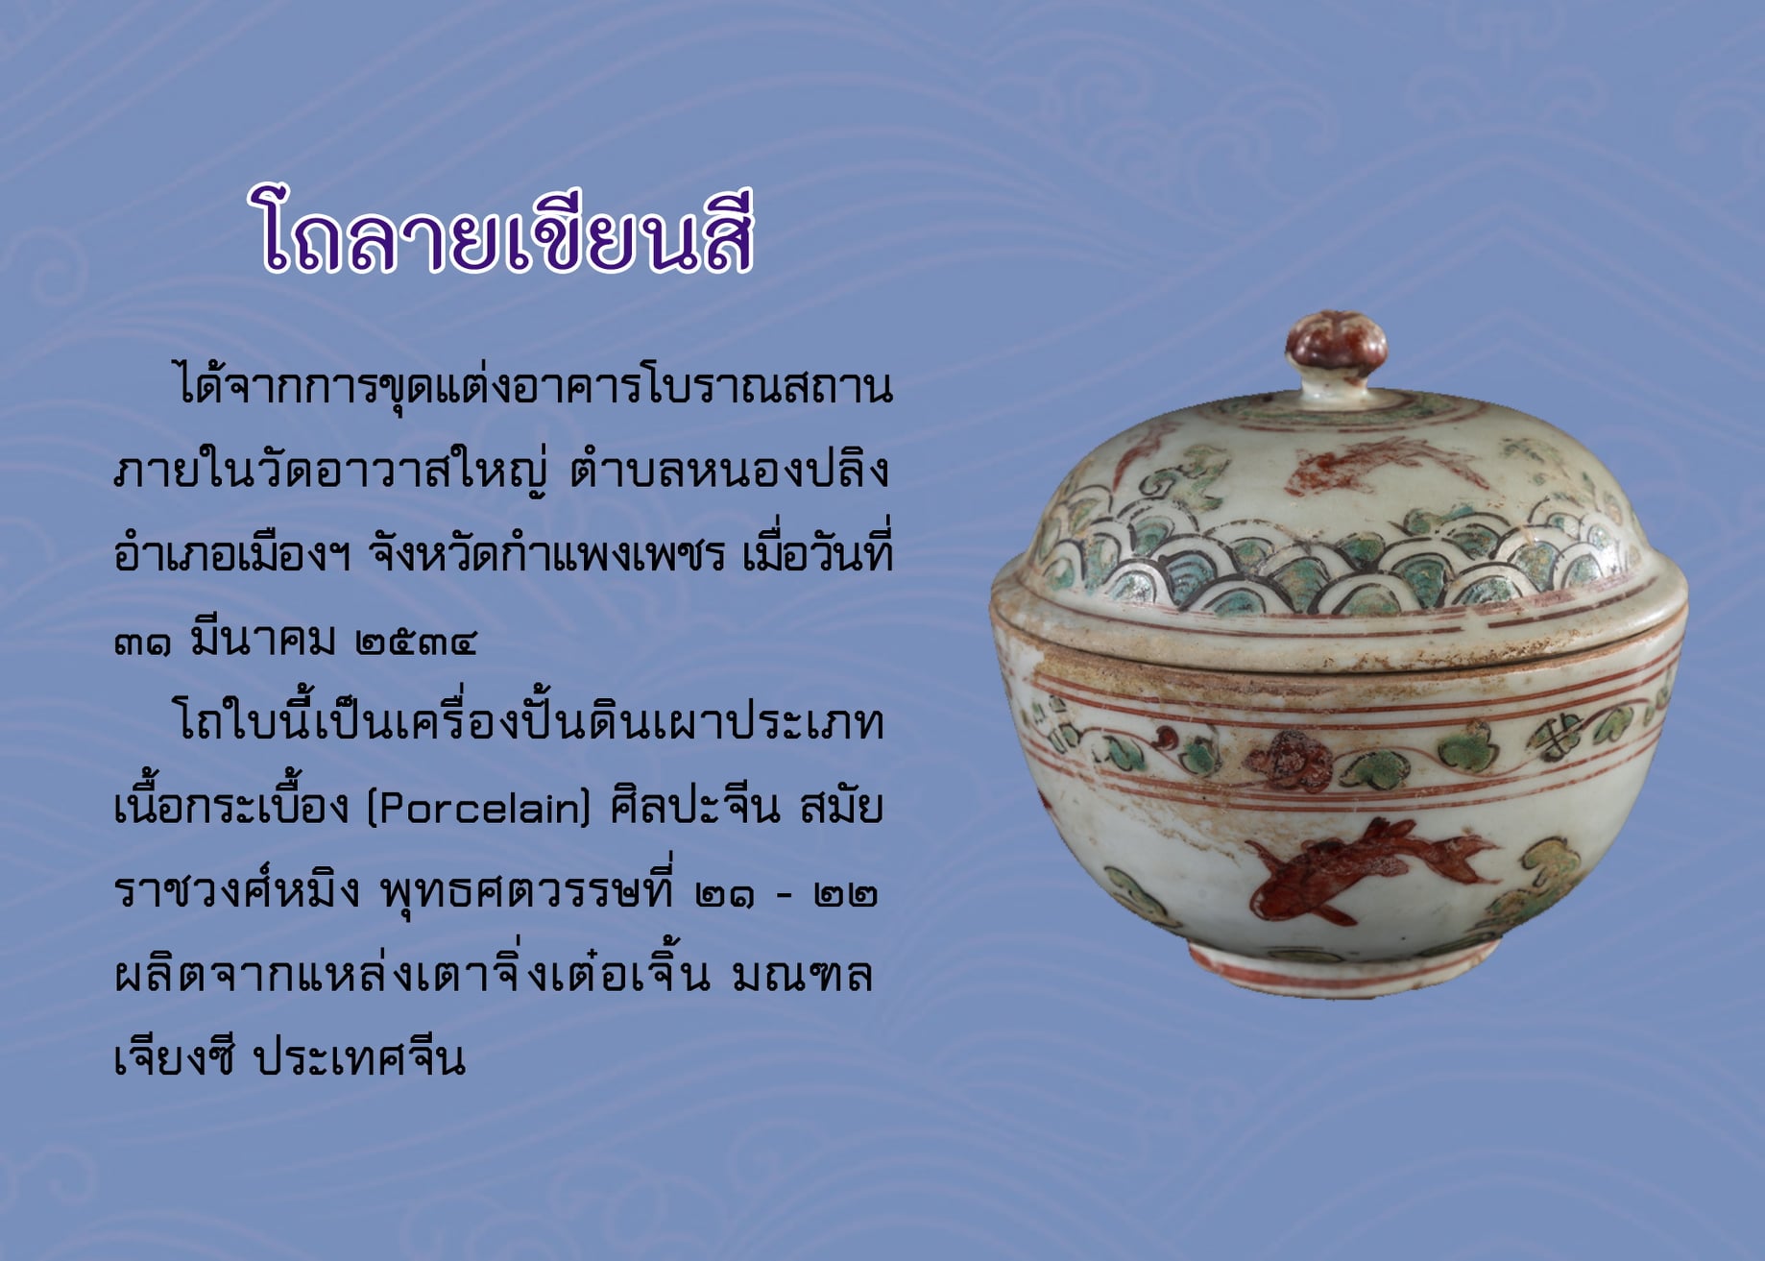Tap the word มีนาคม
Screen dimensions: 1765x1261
click(x=263, y=636)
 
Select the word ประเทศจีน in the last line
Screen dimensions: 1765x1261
click(x=359, y=1058)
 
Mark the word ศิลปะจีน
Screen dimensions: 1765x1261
click(x=695, y=805)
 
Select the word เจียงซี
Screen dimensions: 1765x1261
click(x=174, y=1056)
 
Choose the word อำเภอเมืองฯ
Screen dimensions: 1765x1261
click(x=233, y=553)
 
